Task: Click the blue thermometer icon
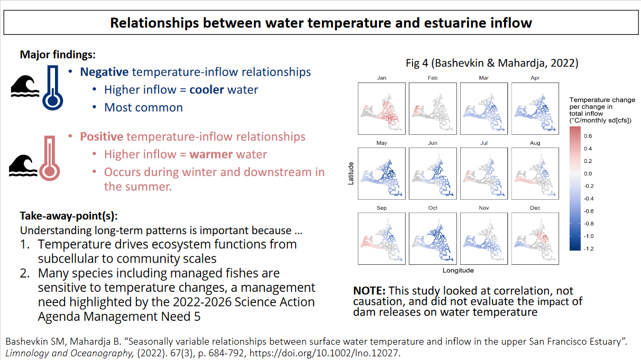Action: (x=53, y=88)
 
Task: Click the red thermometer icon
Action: (x=50, y=158)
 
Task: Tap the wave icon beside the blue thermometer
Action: (x=25, y=86)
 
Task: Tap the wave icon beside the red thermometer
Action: (x=23, y=165)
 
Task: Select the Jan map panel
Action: (x=381, y=109)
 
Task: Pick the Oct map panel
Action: (x=433, y=238)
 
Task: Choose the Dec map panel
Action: (x=535, y=238)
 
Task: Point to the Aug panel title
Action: (x=535, y=143)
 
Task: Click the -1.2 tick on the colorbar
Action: (x=589, y=249)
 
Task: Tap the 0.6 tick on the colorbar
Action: (x=588, y=136)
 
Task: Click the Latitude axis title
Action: (x=351, y=173)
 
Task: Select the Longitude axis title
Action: (x=458, y=271)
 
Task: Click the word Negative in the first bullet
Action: (x=104, y=72)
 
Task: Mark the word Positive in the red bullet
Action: (x=102, y=137)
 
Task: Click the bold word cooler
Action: (x=207, y=90)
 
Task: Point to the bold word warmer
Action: (x=211, y=154)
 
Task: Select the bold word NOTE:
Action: (x=370, y=291)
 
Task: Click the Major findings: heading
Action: (x=58, y=54)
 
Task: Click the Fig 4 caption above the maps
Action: (x=492, y=63)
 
